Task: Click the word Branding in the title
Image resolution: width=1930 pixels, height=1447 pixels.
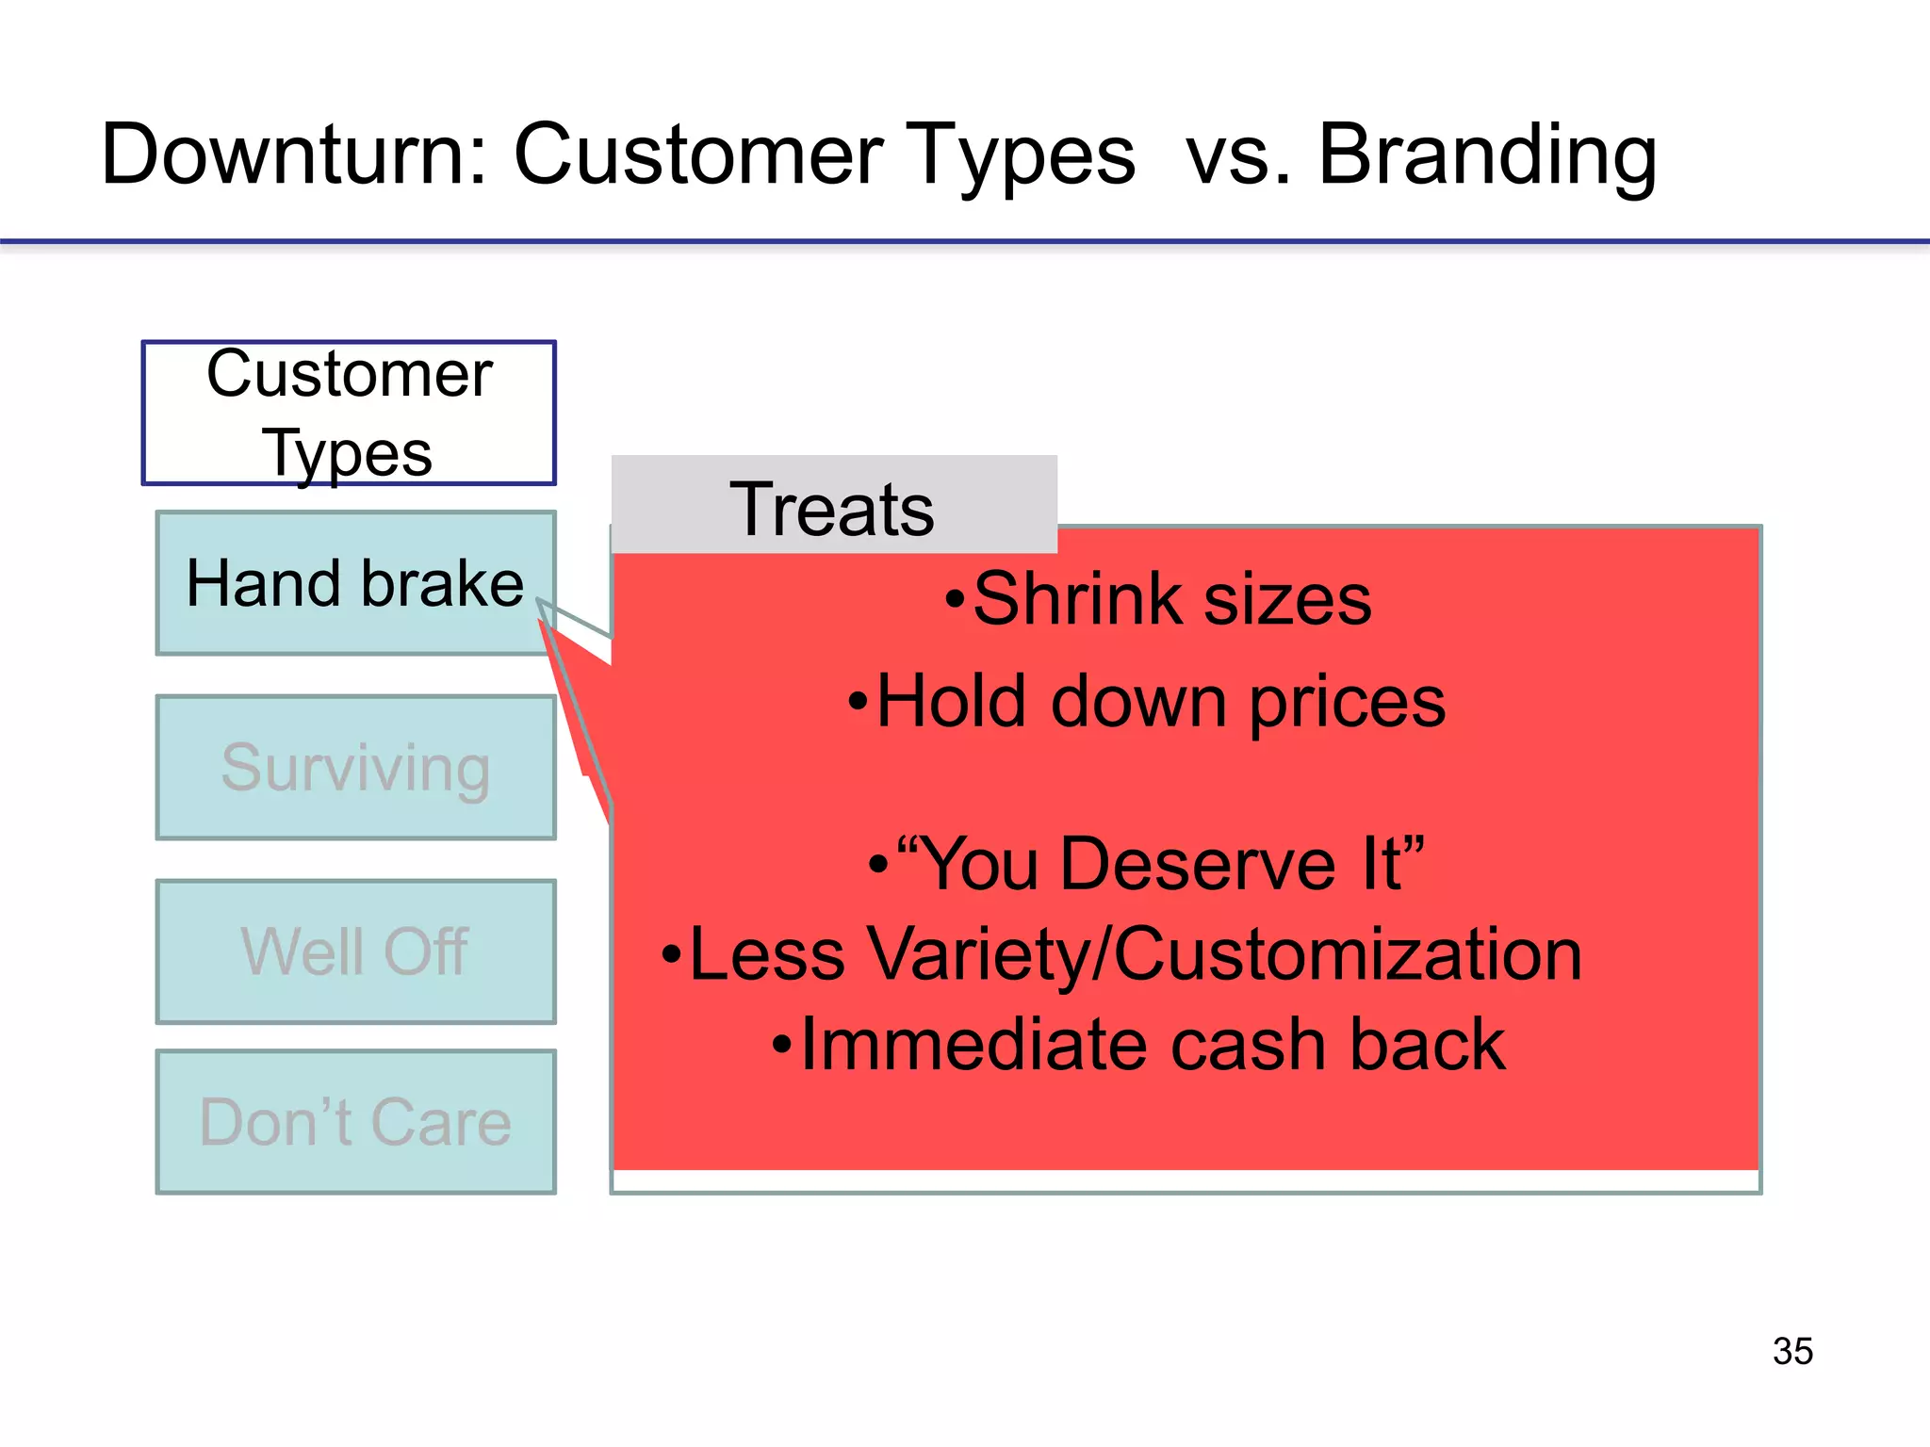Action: click(x=1486, y=155)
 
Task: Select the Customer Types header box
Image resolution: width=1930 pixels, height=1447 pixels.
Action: click(x=349, y=413)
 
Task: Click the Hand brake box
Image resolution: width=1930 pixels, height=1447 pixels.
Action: click(x=355, y=583)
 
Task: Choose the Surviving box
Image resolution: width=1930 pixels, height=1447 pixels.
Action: click(x=355, y=768)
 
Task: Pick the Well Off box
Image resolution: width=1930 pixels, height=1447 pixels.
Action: click(x=355, y=951)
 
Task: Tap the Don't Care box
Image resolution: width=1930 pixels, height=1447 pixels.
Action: click(x=355, y=1122)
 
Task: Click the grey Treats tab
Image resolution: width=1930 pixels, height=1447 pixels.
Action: click(x=833, y=508)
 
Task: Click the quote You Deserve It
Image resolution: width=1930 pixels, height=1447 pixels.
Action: click(x=1159, y=864)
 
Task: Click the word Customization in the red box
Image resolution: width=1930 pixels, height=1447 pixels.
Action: click(x=1348, y=954)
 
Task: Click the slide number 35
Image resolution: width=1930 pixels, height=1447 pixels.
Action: click(x=1791, y=1351)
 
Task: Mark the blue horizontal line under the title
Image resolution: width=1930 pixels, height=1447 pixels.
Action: click(x=965, y=242)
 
